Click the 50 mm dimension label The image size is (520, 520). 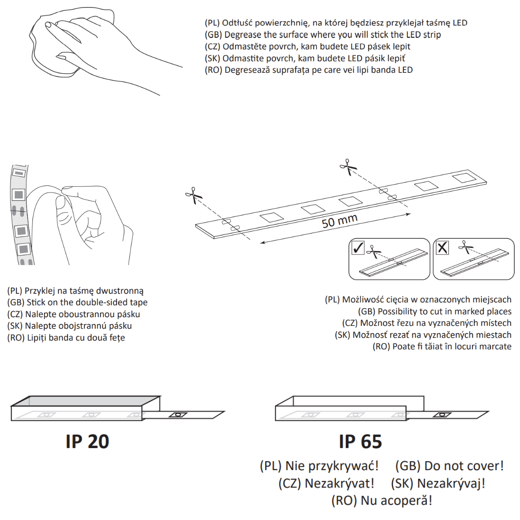tap(339, 221)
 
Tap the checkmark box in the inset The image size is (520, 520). tap(358, 248)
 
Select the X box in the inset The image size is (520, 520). tap(442, 248)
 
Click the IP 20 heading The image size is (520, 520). tap(87, 442)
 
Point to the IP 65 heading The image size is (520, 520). tap(360, 442)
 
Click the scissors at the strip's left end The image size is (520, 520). tap(194, 195)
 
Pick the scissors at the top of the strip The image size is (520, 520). tap(348, 167)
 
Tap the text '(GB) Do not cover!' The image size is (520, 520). tap(449, 466)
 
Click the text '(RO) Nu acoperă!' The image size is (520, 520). tap(381, 500)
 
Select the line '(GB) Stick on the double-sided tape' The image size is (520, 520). tap(78, 302)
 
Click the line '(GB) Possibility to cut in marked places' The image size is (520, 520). tap(435, 312)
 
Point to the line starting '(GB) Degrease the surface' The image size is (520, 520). tap(323, 35)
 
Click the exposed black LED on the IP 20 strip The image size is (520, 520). tap(177, 415)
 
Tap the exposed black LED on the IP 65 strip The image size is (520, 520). tap(442, 415)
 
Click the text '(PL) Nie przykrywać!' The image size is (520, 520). tap(319, 466)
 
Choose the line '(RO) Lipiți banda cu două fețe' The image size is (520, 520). tap(66, 338)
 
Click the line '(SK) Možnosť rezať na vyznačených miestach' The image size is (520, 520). tap(423, 335)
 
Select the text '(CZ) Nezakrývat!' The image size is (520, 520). tap(326, 483)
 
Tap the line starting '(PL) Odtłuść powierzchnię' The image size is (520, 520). tap(336, 23)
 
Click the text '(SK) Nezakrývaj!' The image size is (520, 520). tap(438, 483)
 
